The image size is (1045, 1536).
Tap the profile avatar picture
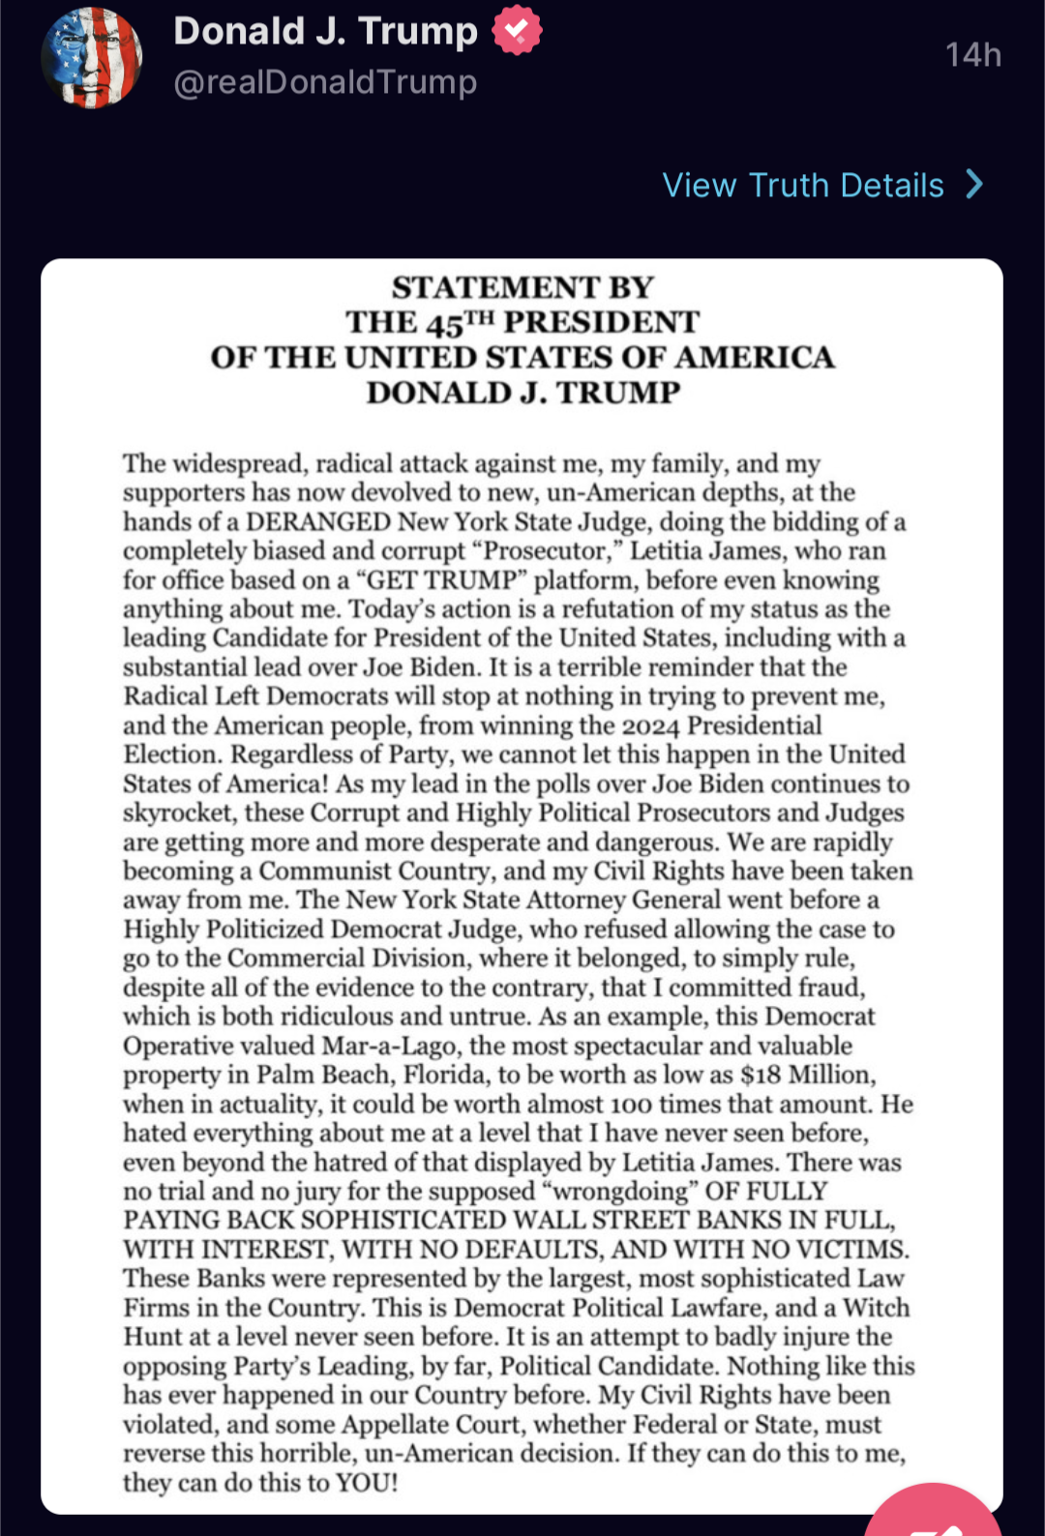coord(92,57)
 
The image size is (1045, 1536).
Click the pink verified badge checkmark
coord(517,31)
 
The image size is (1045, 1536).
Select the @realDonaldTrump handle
coord(325,83)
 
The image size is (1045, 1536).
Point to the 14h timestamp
coord(972,55)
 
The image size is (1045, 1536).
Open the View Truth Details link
coord(802,185)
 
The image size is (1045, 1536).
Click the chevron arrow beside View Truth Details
coord(974,184)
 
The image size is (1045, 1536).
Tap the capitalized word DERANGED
coord(317,522)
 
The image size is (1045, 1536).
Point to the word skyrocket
coord(178,813)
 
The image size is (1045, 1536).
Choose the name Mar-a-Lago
coord(392,1047)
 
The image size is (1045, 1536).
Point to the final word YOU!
coord(366,1483)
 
